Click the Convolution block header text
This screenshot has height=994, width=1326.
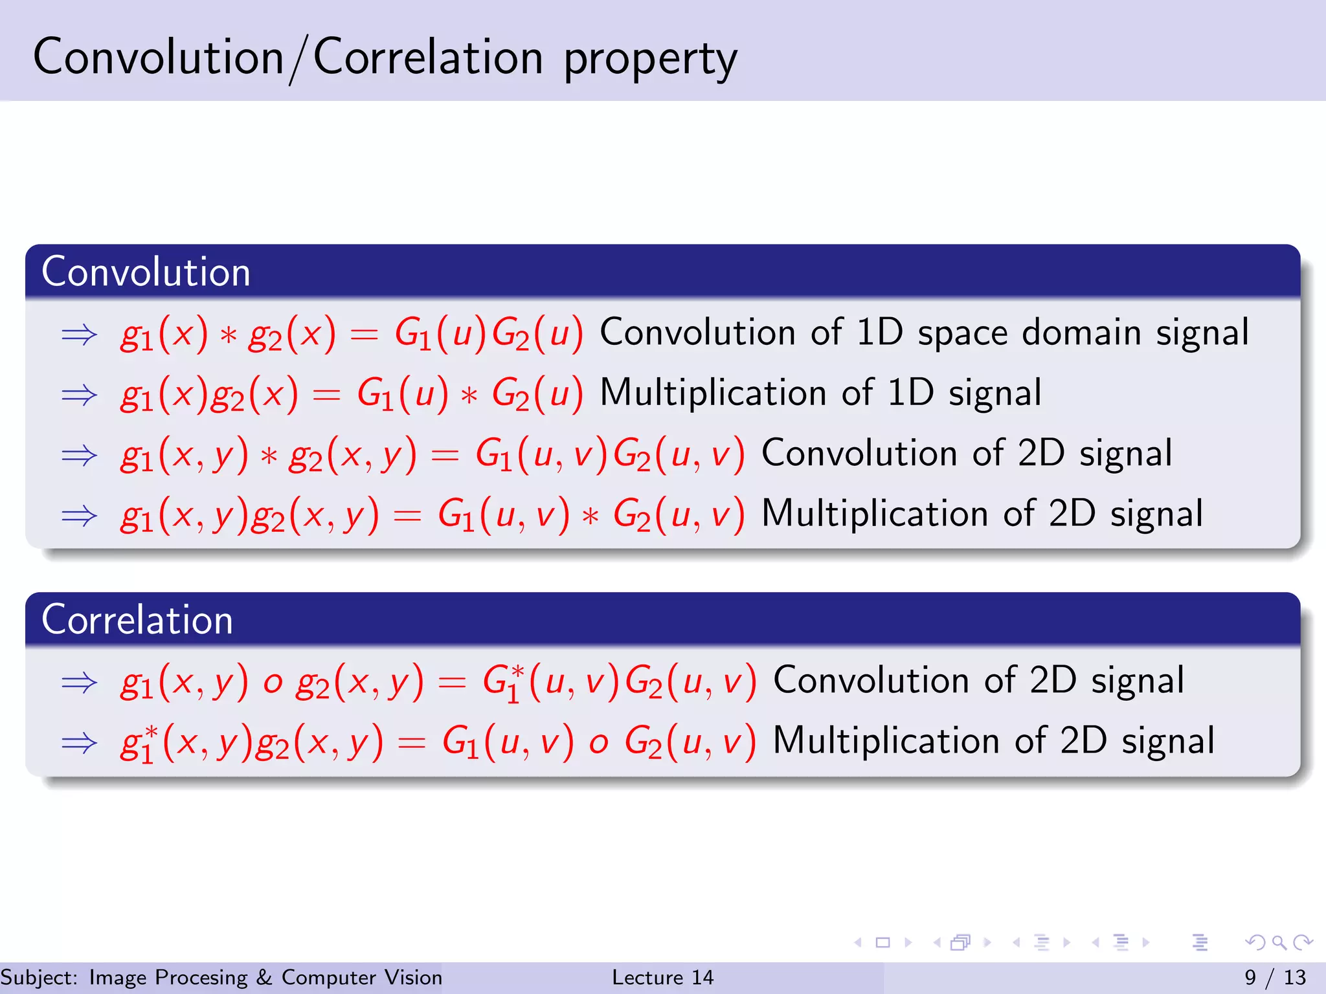[x=146, y=272]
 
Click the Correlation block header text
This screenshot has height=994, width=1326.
[x=137, y=620]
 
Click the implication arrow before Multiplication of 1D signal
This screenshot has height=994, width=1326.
[x=79, y=394]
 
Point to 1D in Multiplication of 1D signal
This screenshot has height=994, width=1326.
[x=910, y=393]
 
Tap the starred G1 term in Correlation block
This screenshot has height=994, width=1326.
[x=503, y=682]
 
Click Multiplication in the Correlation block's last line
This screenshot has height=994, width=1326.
[x=886, y=741]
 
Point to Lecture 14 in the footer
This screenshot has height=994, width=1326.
[x=662, y=977]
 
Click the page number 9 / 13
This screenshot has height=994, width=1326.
[x=1275, y=977]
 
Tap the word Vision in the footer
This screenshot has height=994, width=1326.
[x=413, y=977]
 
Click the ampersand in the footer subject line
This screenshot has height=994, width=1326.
[x=264, y=977]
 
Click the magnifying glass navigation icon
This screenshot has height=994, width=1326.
[x=1279, y=942]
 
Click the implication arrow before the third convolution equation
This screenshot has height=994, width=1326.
[x=79, y=455]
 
